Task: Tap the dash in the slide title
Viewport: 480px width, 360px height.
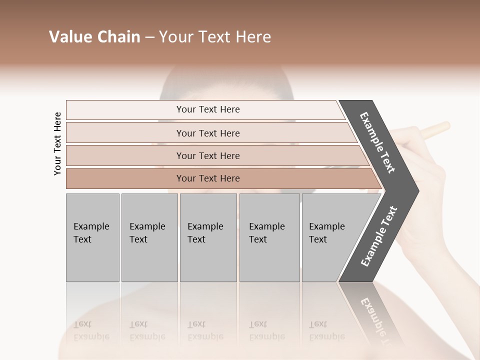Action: point(149,37)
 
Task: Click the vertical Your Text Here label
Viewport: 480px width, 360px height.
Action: point(57,143)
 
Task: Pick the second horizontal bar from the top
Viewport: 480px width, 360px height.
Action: point(208,133)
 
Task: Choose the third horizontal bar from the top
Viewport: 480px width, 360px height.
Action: point(208,155)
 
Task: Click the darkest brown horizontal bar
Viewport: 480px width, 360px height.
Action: point(208,178)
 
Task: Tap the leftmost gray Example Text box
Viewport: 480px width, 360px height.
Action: point(92,237)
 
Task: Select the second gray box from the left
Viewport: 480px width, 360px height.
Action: point(149,237)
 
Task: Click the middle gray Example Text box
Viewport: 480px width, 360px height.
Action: point(208,237)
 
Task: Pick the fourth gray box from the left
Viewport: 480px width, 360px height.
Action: point(269,237)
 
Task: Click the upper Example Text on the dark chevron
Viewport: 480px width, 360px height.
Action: point(377,142)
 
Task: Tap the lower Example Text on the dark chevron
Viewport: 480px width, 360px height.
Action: point(378,236)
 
